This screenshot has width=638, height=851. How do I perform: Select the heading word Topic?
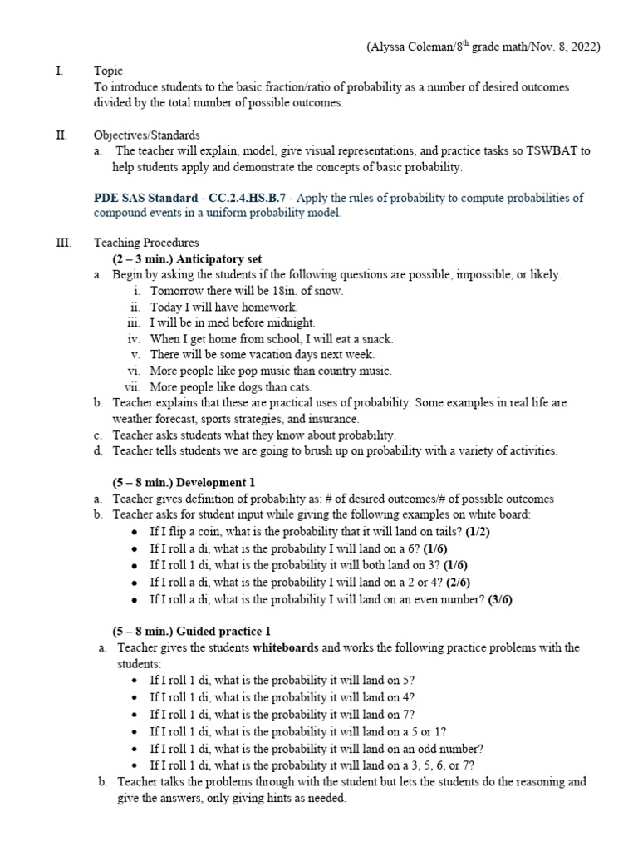[x=108, y=72]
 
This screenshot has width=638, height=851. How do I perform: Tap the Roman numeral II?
[x=61, y=135]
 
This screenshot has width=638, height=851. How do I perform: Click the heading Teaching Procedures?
[x=145, y=243]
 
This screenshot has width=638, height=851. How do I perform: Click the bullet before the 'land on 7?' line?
[x=136, y=715]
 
